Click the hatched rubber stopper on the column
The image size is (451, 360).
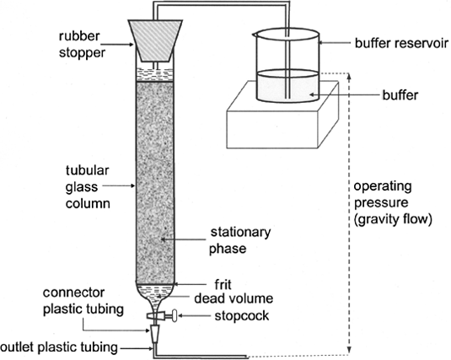point(155,40)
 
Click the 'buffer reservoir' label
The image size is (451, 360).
point(401,43)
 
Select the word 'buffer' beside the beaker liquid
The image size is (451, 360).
point(400,95)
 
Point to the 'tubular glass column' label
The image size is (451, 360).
point(88,187)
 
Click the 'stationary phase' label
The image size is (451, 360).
point(239,240)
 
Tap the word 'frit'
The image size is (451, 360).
point(223,285)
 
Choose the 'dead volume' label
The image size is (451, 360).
point(234,298)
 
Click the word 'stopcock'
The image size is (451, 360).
point(242,315)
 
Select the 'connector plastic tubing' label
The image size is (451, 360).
point(83,301)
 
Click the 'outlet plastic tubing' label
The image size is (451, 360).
point(59,347)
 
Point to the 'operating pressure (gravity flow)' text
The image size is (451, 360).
point(393,203)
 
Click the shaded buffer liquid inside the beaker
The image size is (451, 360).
point(287,86)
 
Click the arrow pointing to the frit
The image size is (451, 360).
point(191,284)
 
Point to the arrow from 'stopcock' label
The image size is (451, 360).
point(194,315)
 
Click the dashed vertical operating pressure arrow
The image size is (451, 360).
point(349,213)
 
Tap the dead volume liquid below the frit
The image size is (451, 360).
point(155,292)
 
